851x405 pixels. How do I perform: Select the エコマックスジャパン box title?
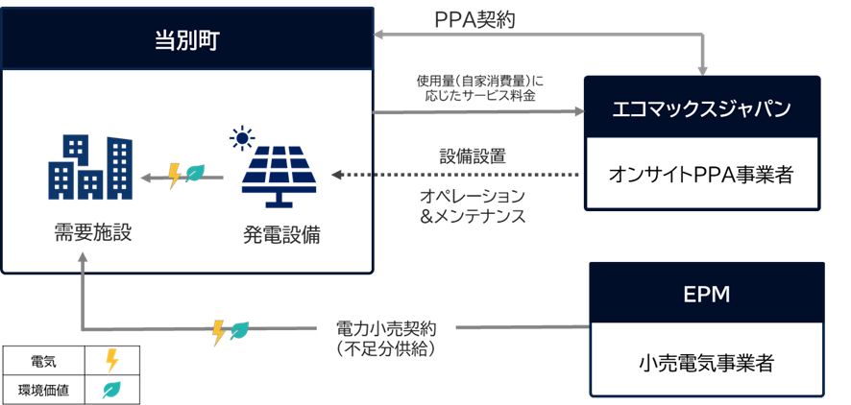tap(701, 107)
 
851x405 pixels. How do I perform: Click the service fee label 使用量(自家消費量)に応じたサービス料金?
tap(478, 88)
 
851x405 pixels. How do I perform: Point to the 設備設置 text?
tap(473, 156)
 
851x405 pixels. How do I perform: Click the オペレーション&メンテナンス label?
tap(473, 204)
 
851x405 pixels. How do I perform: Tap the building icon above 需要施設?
tap(90, 167)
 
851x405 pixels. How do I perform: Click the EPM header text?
tap(707, 295)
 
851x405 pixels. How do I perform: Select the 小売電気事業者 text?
tap(706, 362)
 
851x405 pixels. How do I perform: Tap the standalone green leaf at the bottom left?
tap(111, 389)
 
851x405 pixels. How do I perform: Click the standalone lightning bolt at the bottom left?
tap(111, 361)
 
